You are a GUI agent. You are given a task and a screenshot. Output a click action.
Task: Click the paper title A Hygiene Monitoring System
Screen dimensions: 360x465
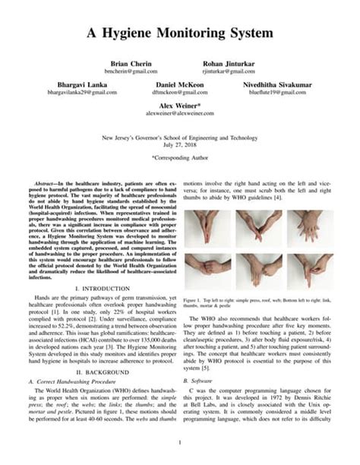[179, 33]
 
